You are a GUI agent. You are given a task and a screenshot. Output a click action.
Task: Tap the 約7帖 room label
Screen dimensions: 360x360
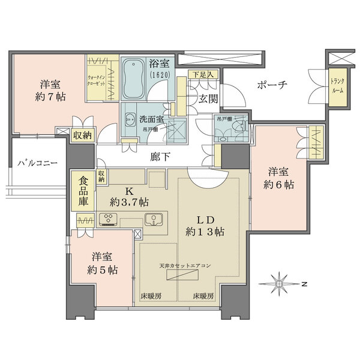[x=50, y=90]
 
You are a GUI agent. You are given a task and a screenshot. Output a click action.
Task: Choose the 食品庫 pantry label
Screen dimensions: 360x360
[x=83, y=191]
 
